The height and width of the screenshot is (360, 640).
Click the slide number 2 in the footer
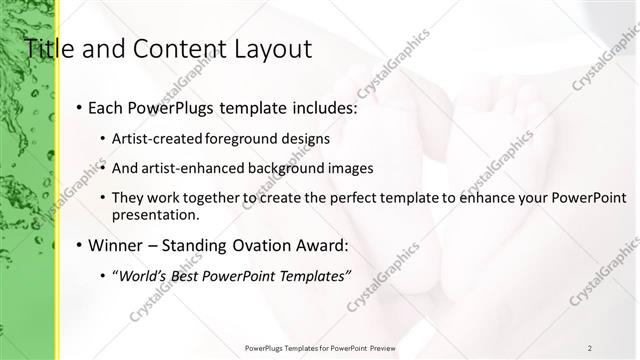coord(589,347)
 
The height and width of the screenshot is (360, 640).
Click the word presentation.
coord(156,214)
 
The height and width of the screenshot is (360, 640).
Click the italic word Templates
coord(311,274)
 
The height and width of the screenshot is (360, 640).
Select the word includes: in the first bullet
coord(290,106)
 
